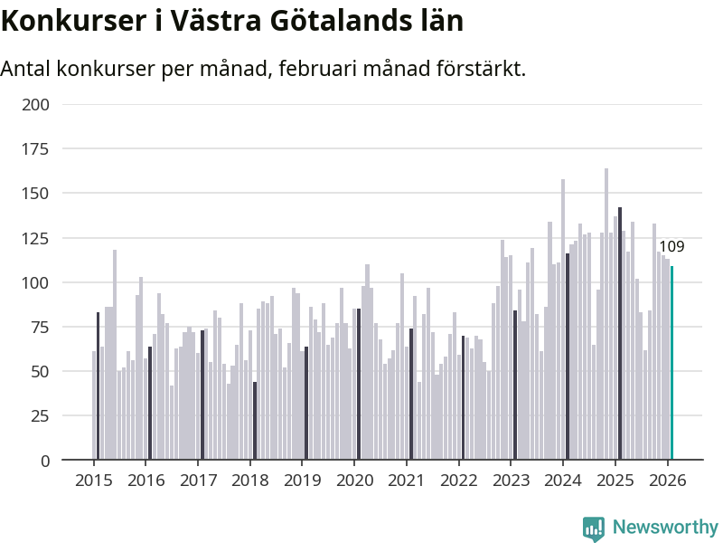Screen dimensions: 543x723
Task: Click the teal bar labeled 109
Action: pyautogui.click(x=671, y=362)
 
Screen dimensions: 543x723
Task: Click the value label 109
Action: pyautogui.click(x=671, y=247)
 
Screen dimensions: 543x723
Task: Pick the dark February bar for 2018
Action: pyautogui.click(x=255, y=421)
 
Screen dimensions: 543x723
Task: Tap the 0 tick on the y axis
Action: pyautogui.click(x=45, y=461)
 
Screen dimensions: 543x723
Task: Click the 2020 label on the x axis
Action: pyautogui.click(x=353, y=480)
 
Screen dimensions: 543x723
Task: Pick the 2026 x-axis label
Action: pyautogui.click(x=667, y=480)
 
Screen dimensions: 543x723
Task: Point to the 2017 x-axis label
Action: pyautogui.click(x=197, y=480)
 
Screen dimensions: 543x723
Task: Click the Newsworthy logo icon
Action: pyautogui.click(x=593, y=528)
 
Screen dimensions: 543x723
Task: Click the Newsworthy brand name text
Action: pyautogui.click(x=665, y=527)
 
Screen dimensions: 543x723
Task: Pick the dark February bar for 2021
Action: pyautogui.click(x=410, y=395)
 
